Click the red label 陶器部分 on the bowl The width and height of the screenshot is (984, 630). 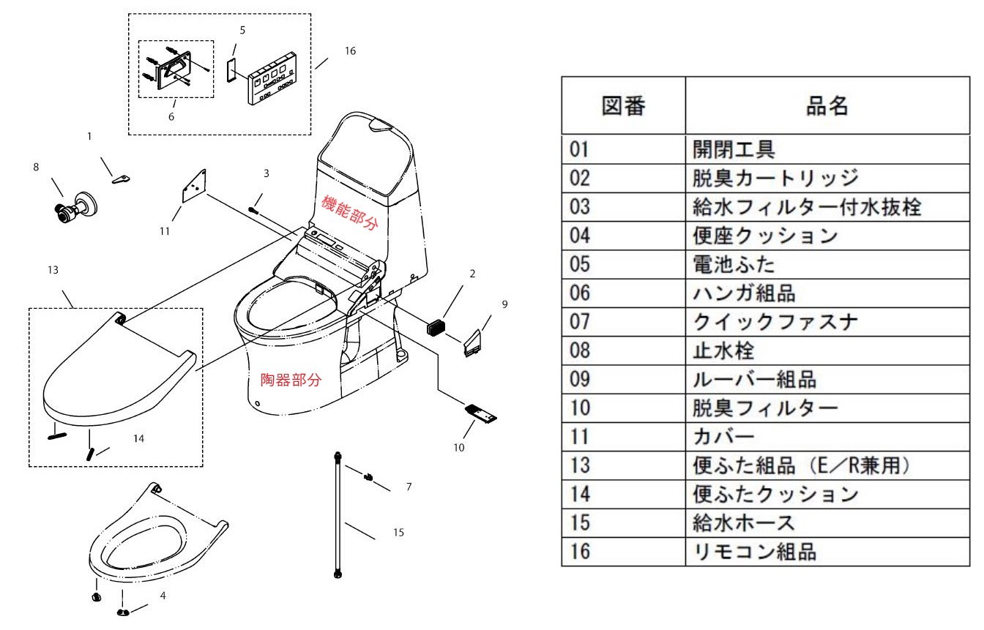tap(291, 380)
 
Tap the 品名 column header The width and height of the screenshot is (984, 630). tap(827, 106)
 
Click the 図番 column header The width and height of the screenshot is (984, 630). tap(623, 106)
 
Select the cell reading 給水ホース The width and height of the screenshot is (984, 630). tap(744, 522)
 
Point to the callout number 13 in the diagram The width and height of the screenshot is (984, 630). tap(53, 270)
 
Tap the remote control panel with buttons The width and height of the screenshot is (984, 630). tap(272, 78)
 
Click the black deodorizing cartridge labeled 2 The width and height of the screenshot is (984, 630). tap(437, 326)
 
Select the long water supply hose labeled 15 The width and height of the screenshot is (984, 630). tap(338, 516)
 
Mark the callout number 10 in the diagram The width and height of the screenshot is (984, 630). tap(458, 448)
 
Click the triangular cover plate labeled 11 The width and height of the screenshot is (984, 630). tap(195, 186)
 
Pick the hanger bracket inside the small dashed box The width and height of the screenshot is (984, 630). tap(173, 69)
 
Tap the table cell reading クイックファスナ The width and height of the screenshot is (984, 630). tap(775, 321)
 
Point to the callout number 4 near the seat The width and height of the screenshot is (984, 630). tap(163, 596)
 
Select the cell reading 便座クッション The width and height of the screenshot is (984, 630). tap(765, 235)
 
